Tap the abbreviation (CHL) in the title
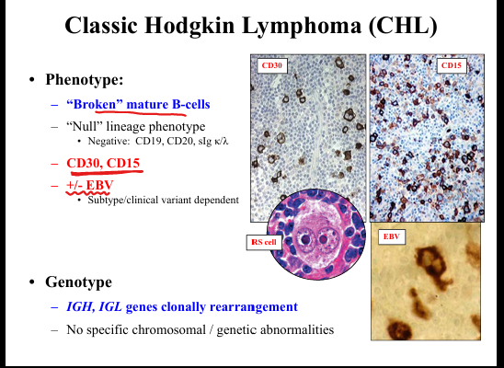(403, 26)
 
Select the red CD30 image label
(271, 65)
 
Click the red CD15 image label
(452, 65)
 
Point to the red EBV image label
(392, 236)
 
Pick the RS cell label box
(264, 242)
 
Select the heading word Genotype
(79, 282)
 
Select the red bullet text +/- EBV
(90, 185)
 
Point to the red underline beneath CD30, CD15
(107, 173)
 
